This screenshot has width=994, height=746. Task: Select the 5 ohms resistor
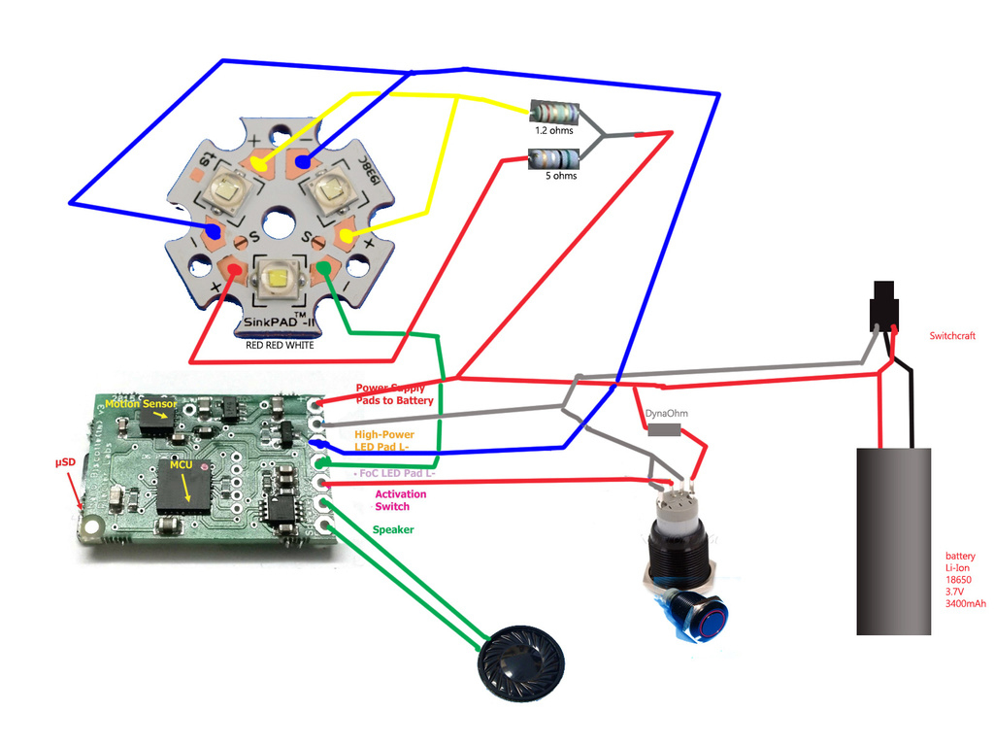coord(552,157)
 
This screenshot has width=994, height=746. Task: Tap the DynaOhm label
coord(665,414)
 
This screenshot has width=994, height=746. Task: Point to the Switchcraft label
coord(951,336)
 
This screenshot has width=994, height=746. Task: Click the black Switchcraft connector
coord(884,303)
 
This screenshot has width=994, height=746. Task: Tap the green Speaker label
coord(393,529)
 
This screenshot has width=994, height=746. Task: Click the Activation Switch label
coord(400,500)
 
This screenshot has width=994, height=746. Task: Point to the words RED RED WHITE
coord(280,344)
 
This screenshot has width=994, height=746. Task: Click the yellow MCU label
coord(182,465)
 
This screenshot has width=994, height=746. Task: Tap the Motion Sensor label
coord(142,404)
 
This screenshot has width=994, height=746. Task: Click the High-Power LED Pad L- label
coord(384,440)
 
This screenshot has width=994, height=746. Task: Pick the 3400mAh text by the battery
coord(965,604)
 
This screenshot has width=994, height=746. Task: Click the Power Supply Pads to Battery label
coord(394,394)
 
